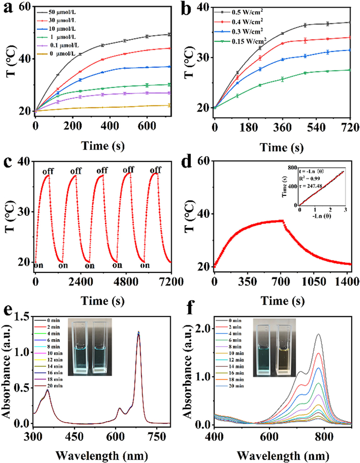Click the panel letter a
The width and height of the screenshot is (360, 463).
coord(8,9)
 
